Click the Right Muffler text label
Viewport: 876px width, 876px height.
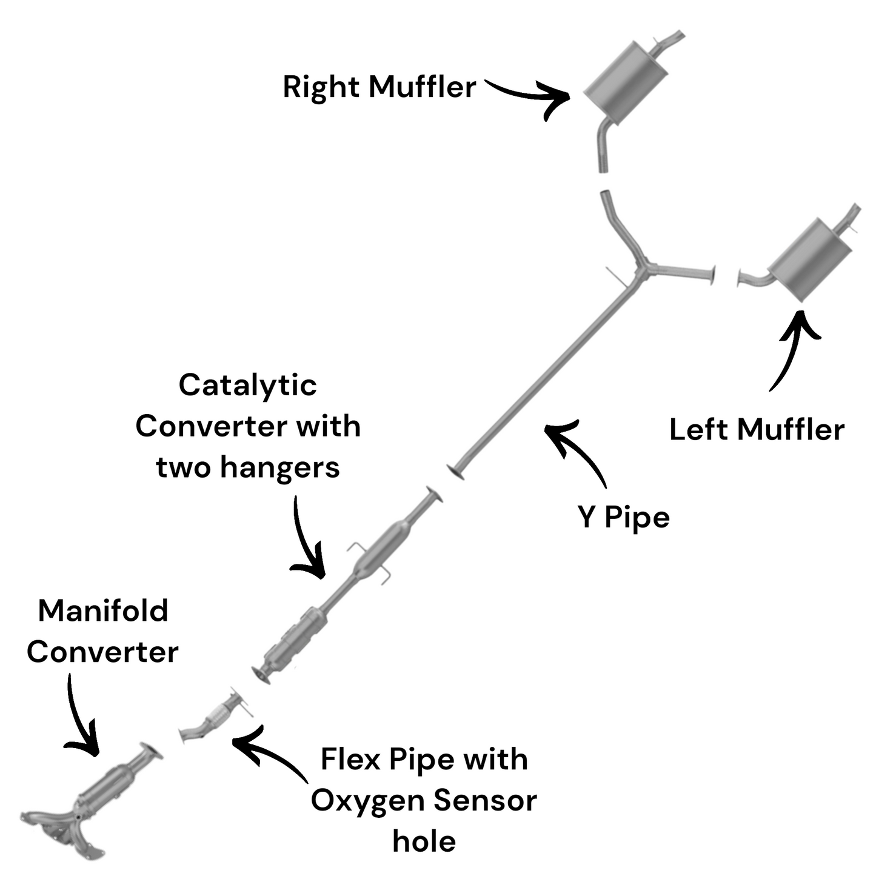pos(379,87)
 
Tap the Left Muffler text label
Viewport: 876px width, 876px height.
pos(757,430)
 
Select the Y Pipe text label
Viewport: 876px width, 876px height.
pos(624,517)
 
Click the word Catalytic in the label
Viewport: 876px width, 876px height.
pos(247,385)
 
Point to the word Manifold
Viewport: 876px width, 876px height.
pos(103,610)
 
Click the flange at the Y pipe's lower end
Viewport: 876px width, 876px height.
pos(455,471)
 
